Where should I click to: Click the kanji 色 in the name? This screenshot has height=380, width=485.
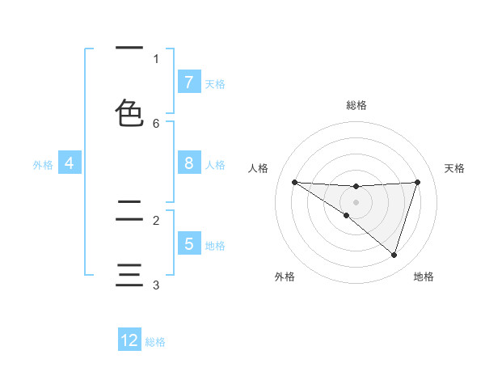(x=130, y=113)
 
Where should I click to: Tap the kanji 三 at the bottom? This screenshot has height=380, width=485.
(x=130, y=275)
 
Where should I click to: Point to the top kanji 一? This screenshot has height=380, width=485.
(x=130, y=49)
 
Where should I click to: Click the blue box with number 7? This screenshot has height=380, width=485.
(x=188, y=82)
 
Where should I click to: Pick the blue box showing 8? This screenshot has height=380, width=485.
(x=188, y=163)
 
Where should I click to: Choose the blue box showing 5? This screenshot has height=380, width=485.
(x=188, y=244)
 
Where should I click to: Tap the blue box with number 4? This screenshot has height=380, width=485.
(x=70, y=163)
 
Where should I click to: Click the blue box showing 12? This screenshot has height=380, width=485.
(x=130, y=340)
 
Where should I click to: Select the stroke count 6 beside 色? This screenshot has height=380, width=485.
(x=156, y=123)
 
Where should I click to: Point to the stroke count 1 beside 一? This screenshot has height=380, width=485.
(x=156, y=58)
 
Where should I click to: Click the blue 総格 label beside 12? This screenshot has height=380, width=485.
(x=155, y=342)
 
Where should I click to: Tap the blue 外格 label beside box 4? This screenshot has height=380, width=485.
(x=43, y=165)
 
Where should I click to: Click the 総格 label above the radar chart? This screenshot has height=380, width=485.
(x=356, y=105)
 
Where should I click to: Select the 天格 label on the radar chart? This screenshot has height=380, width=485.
(x=455, y=168)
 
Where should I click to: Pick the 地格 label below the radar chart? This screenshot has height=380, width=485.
(x=424, y=277)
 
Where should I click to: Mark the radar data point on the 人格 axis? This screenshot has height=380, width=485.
(x=294, y=182)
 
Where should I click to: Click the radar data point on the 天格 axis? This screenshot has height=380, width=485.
(x=417, y=182)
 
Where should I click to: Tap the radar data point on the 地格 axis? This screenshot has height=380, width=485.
(x=394, y=255)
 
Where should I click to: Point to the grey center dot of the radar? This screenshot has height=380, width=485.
(x=356, y=202)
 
